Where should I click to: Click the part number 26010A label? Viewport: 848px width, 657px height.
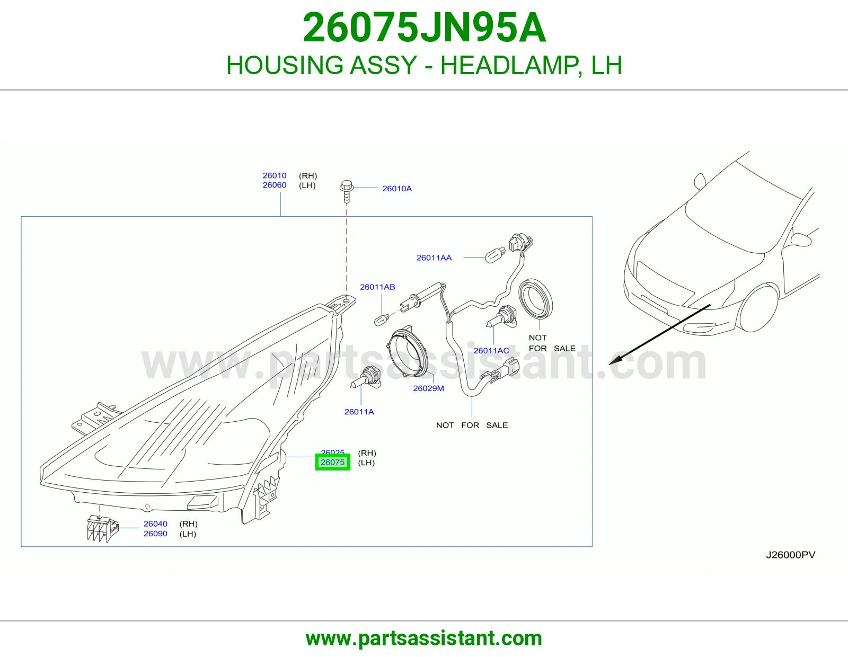pos(397,189)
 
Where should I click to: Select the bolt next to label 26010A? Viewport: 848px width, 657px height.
pos(347,191)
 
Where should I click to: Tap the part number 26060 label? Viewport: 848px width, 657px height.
pos(275,185)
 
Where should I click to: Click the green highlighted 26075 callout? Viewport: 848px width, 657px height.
pos(332,463)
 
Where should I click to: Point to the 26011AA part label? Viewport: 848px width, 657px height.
pos(434,258)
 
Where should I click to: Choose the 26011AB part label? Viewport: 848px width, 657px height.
pos(377,287)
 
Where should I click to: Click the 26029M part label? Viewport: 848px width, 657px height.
pos(428,388)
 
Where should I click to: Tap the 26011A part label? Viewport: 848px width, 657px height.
pos(359,412)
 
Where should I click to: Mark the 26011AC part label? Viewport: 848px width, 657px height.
pos(491,350)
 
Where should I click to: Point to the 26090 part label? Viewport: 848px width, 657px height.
pos(155,534)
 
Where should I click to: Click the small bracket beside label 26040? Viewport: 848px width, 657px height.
pos(102,529)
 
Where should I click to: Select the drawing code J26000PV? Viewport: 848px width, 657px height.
pos(791,555)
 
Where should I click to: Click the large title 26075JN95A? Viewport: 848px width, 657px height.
pos(424,28)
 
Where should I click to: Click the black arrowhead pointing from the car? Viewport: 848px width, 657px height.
pos(616,360)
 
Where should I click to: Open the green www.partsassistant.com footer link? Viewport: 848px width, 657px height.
pos(424,638)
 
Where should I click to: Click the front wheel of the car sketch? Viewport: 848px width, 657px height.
pos(757,308)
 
